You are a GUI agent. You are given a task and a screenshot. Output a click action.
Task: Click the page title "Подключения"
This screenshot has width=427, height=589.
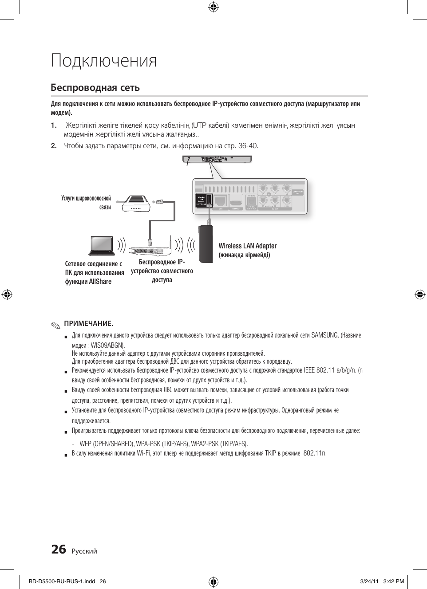(x=104, y=61)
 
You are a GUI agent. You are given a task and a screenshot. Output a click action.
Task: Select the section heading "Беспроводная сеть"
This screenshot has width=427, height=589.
(x=95, y=87)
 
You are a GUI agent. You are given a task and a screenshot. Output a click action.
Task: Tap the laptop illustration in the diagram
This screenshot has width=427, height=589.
(x=102, y=246)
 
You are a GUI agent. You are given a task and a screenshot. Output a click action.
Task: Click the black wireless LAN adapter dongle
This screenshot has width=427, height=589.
(x=205, y=244)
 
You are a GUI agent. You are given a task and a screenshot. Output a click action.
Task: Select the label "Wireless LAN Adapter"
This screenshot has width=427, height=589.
(x=247, y=246)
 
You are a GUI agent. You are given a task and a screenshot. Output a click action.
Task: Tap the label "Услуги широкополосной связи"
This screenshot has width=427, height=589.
(x=86, y=203)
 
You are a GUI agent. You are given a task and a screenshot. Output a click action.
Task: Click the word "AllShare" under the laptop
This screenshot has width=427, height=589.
(x=100, y=282)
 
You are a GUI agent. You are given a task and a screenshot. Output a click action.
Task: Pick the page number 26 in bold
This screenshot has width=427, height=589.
(x=59, y=550)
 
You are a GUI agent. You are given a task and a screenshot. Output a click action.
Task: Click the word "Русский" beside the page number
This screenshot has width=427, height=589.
(x=84, y=551)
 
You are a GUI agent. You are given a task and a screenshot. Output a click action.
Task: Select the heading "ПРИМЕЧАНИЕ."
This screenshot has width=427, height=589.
(x=88, y=323)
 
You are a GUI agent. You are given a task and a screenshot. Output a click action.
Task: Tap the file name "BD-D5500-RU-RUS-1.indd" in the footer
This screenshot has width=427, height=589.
(x=61, y=581)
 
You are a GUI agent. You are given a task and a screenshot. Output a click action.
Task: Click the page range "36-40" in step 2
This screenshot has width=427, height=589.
(x=248, y=145)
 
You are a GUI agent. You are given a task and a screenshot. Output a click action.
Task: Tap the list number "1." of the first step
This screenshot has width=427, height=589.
(x=54, y=125)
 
